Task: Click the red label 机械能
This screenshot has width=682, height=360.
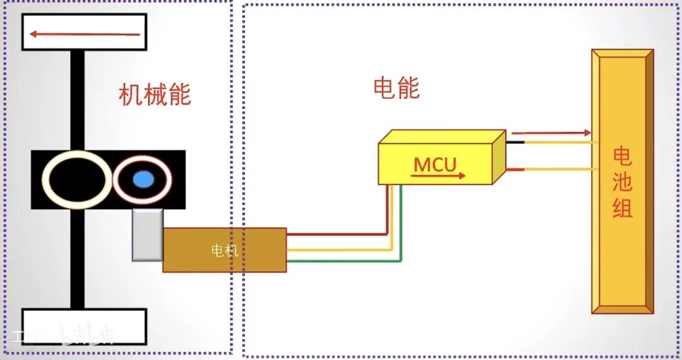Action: click(x=155, y=95)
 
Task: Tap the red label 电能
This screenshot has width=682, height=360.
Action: click(x=397, y=88)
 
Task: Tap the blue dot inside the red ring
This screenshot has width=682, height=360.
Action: click(x=143, y=179)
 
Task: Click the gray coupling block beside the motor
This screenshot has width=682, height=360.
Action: click(x=147, y=235)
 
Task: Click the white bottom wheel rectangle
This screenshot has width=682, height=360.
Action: click(x=84, y=326)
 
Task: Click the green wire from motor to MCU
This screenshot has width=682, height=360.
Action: click(x=344, y=261)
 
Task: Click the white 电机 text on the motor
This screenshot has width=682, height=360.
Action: click(x=224, y=250)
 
